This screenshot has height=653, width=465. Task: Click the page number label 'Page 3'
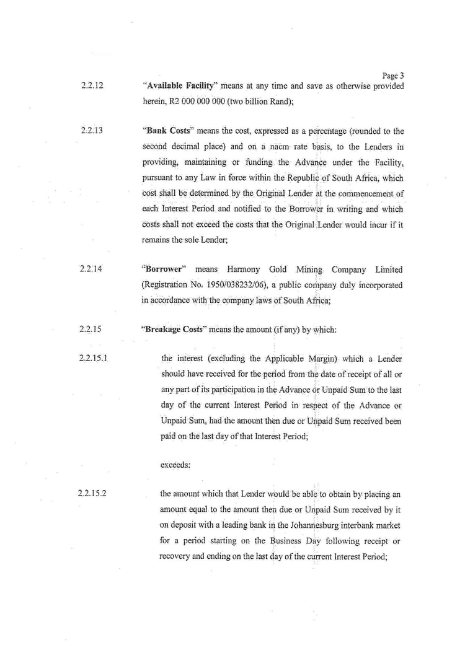(394, 76)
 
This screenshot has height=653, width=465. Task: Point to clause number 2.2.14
(92, 268)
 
